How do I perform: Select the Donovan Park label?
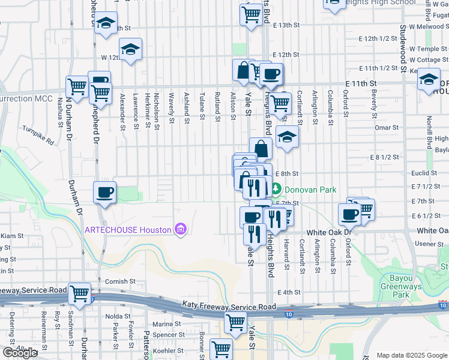click(x=310, y=189)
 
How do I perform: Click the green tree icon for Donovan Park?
click(x=276, y=189)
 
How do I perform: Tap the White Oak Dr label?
click(x=328, y=232)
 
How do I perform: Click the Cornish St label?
click(x=116, y=281)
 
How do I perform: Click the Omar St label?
click(x=386, y=127)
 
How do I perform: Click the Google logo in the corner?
click(x=19, y=353)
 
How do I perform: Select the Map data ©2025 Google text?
click(x=411, y=355)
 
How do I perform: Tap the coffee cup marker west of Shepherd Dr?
click(x=105, y=193)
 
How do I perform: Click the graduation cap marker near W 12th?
click(x=130, y=50)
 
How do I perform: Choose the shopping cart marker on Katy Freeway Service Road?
click(x=79, y=293)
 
